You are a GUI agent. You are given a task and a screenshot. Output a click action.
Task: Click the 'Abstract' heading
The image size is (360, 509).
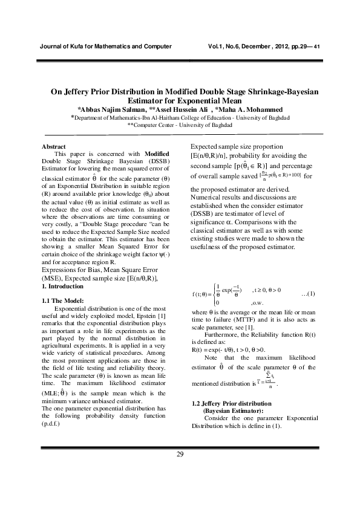coord(53,147)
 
